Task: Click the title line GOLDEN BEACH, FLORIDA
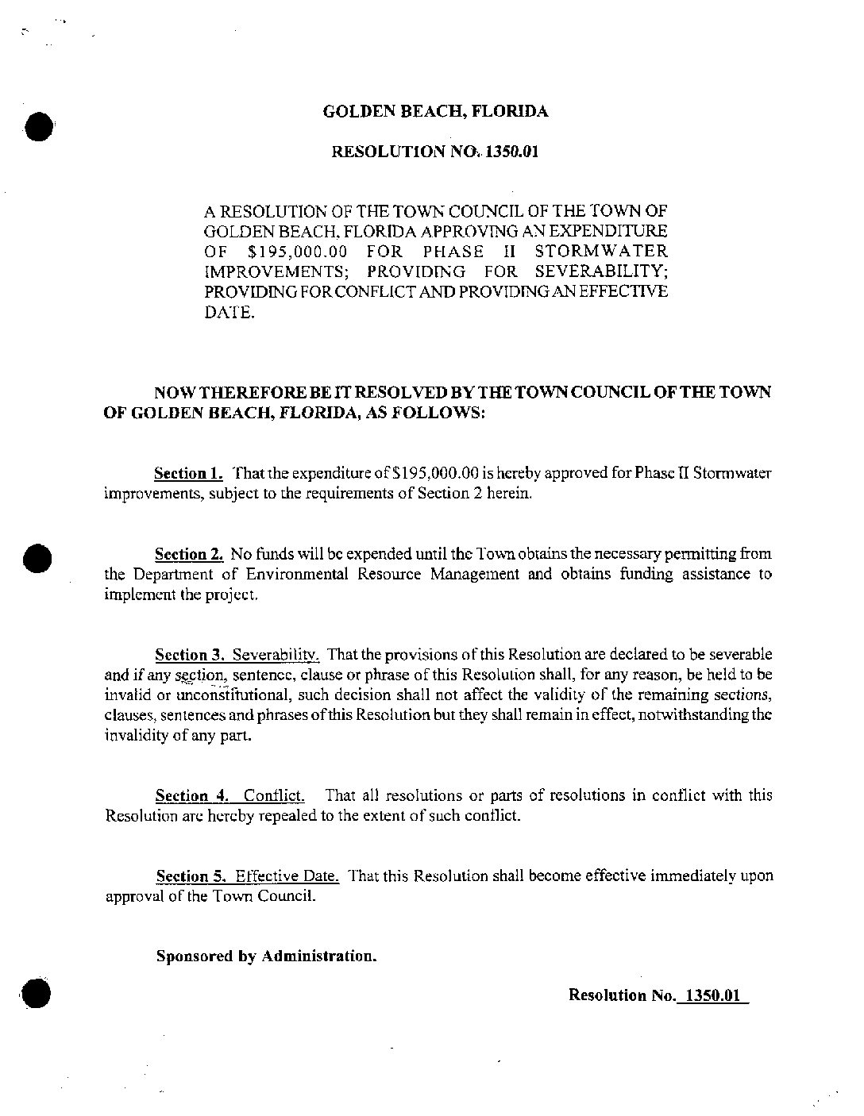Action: coord(435,112)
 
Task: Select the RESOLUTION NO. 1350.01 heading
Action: coord(434,151)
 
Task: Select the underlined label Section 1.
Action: coord(188,474)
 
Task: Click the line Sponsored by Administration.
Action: coord(266,956)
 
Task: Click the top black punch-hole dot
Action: coord(39,126)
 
